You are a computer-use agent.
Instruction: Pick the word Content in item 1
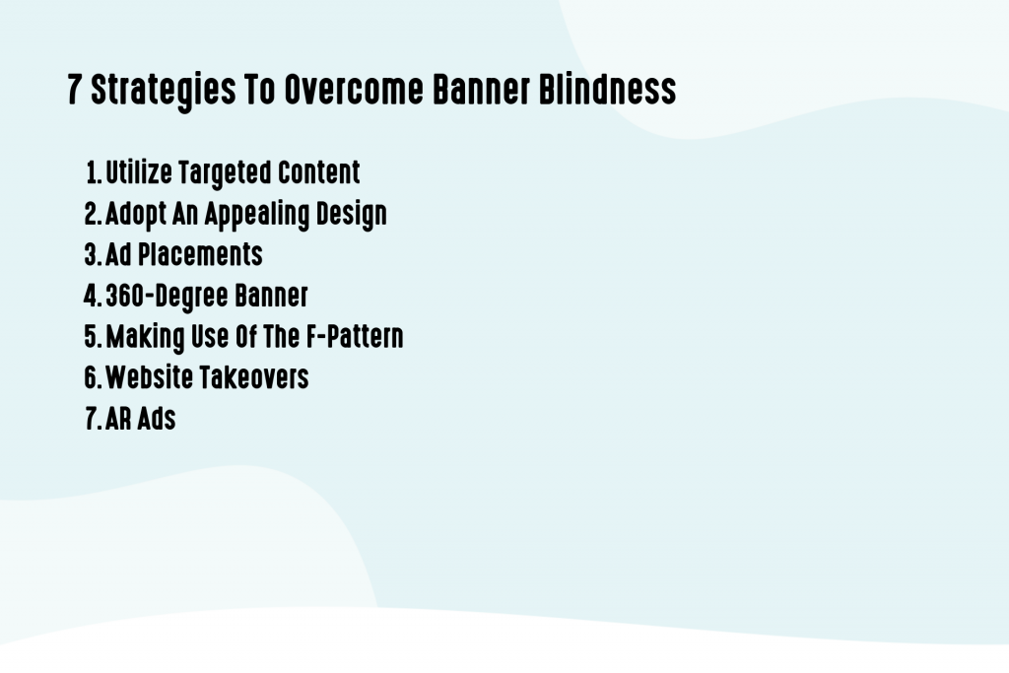coord(318,172)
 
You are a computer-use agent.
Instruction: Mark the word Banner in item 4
coord(271,296)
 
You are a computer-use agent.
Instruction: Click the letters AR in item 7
coord(119,419)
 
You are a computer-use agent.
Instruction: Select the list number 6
coord(91,377)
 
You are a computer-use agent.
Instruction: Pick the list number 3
coord(91,254)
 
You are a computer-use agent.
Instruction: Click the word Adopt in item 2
coord(137,214)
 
